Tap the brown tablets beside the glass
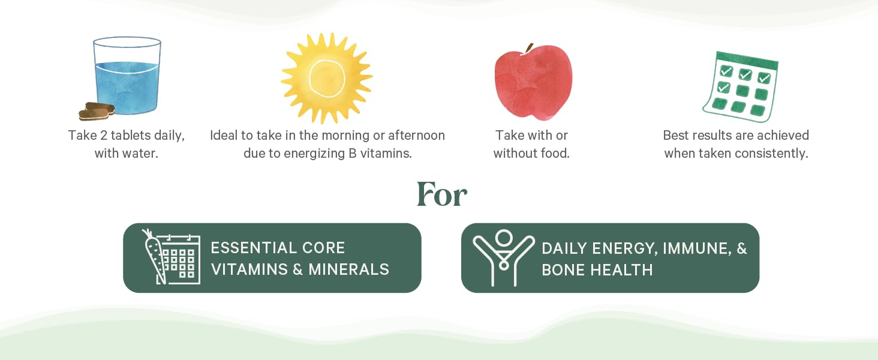(x=97, y=112)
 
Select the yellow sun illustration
(x=326, y=78)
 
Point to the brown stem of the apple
(x=528, y=49)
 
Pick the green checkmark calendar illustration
(x=741, y=86)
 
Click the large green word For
(x=442, y=194)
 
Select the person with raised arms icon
(x=503, y=256)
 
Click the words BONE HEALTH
(x=597, y=270)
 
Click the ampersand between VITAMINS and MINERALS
(x=297, y=269)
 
